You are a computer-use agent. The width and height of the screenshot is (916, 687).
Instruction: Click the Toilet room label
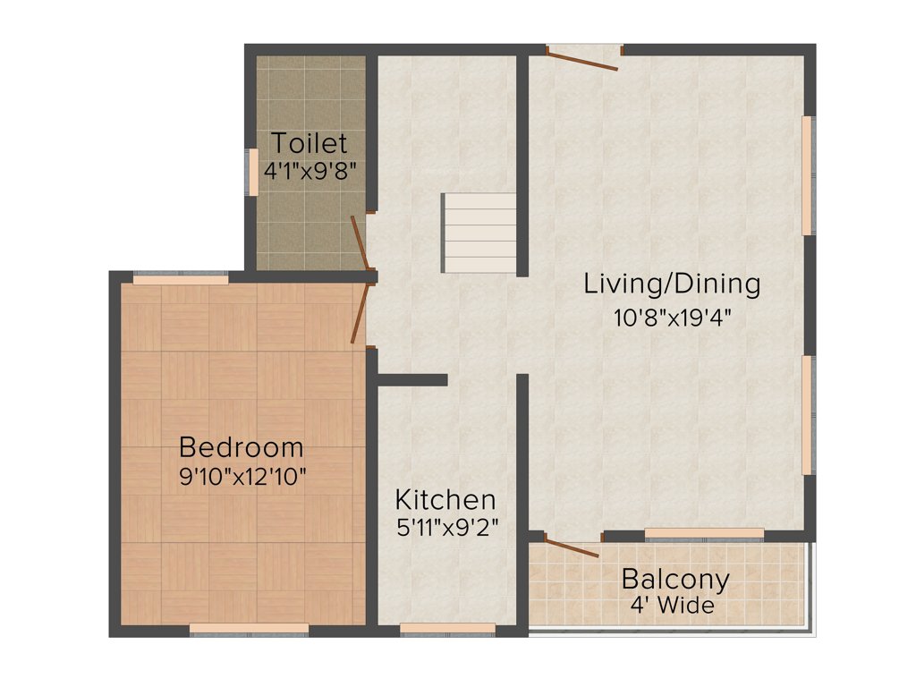310,143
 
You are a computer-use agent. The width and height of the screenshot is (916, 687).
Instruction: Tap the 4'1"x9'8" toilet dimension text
310,170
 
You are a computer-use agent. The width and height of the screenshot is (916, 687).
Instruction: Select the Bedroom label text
242,446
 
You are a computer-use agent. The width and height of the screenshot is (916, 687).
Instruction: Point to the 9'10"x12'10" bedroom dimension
242,475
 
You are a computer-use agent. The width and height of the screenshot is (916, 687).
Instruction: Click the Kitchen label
445,499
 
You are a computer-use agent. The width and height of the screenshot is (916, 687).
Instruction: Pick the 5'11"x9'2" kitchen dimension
446,527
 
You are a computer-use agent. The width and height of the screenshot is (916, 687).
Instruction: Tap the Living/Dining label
672,284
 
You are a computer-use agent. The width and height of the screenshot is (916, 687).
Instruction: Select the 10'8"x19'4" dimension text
673,318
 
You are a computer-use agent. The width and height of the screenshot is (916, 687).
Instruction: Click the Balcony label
675,579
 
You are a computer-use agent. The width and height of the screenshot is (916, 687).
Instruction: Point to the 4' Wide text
673,606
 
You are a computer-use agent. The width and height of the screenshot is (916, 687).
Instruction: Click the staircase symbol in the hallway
480,233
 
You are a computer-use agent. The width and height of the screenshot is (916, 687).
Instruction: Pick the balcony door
571,546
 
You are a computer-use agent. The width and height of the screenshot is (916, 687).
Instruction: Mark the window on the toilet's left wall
253,172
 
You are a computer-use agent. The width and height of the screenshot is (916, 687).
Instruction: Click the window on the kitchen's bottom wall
447,630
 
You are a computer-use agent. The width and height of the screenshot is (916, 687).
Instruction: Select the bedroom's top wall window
181,278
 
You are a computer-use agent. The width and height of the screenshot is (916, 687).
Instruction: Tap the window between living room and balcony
704,534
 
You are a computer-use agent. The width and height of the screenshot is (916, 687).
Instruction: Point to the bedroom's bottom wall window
249,630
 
